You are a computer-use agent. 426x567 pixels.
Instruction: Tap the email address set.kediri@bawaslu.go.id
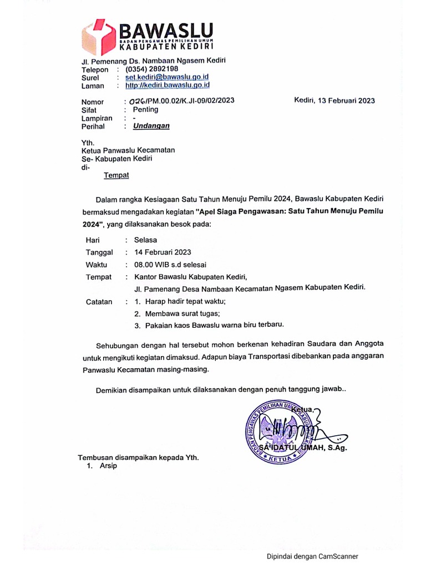click(x=167, y=78)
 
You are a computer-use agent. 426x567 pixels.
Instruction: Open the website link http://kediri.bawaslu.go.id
click(x=167, y=85)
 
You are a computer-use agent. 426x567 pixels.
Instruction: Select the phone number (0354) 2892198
click(x=151, y=70)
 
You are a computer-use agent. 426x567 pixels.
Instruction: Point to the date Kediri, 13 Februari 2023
click(x=334, y=101)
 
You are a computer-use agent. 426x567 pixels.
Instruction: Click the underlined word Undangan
click(x=151, y=126)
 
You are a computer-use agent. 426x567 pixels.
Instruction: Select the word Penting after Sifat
click(x=145, y=110)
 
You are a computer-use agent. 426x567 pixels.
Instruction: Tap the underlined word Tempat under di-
click(x=116, y=176)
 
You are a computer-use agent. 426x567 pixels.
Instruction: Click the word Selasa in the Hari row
click(x=145, y=240)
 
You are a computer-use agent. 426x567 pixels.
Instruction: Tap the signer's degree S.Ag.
click(x=335, y=448)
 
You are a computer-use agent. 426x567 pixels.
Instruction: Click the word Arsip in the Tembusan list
click(x=108, y=466)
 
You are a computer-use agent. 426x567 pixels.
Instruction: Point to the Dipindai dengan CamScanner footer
click(x=312, y=556)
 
